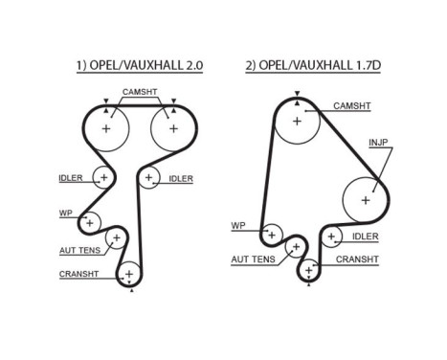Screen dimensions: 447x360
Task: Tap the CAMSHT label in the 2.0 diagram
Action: [140, 93]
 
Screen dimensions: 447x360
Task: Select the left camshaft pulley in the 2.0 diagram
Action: [106, 128]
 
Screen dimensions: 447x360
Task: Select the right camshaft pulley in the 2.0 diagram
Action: [173, 128]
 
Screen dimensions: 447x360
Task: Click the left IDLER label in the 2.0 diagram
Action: [71, 177]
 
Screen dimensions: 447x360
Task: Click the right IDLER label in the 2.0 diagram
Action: [182, 178]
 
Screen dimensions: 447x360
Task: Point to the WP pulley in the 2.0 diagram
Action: [90, 223]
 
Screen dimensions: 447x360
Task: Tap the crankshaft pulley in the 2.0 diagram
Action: [127, 275]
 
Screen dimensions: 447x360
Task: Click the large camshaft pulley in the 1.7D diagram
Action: [297, 122]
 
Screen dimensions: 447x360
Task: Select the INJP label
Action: [379, 145]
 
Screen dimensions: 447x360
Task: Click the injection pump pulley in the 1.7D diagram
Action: [365, 199]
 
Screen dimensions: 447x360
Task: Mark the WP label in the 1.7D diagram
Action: [239, 226]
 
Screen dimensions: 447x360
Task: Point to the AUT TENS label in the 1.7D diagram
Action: [253, 259]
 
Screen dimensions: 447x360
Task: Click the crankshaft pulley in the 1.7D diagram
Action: [308, 272]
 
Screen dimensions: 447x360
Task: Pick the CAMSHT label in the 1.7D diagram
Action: [351, 105]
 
